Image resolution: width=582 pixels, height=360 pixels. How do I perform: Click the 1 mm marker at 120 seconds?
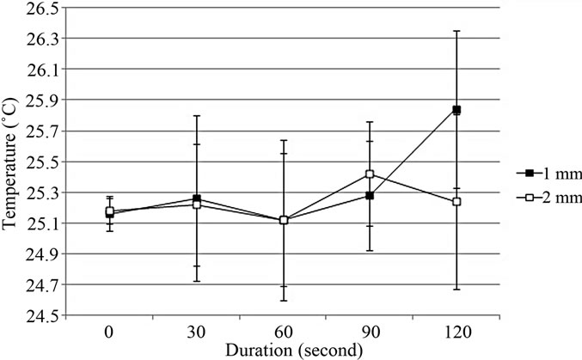456,110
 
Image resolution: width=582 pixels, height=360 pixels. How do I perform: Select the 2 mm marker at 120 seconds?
456,201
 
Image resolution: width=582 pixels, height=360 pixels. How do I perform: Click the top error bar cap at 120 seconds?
456,31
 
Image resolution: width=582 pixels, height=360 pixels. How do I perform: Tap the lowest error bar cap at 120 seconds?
456,289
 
